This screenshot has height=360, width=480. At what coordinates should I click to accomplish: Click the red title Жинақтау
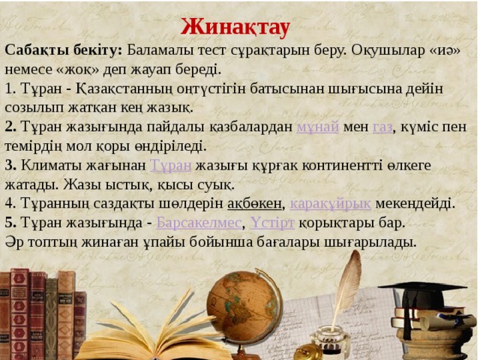(x=235, y=26)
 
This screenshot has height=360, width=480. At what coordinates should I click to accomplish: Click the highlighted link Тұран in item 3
(x=171, y=165)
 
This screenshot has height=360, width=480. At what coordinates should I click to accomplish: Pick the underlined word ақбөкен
(x=254, y=203)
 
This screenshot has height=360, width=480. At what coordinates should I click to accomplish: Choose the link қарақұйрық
(x=330, y=203)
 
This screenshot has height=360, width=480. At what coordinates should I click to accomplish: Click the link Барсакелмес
(x=199, y=223)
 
